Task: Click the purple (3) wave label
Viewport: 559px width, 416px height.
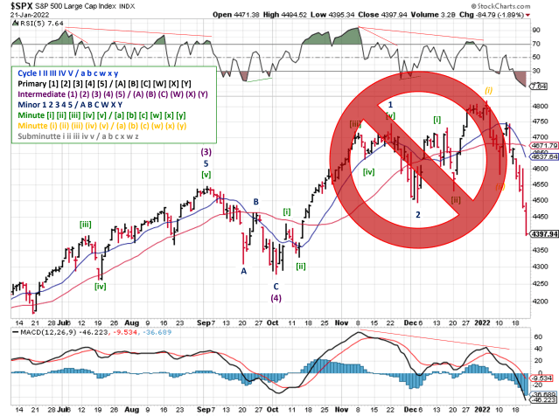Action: pos(205,151)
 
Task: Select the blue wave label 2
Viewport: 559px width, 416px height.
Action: pos(417,214)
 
